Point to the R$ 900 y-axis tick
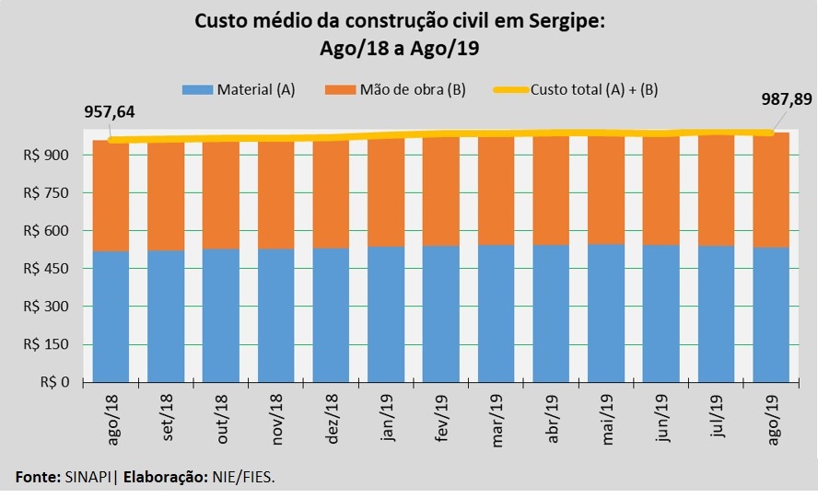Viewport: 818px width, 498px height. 53,156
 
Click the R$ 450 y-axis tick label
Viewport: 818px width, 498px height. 53,269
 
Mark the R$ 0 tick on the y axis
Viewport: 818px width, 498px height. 60,382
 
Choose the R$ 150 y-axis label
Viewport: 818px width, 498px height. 53,344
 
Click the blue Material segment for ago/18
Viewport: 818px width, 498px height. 111,316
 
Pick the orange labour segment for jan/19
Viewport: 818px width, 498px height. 386,192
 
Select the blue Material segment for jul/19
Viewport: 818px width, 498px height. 717,313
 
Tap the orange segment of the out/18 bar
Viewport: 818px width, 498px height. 221,195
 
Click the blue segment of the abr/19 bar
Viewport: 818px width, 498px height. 551,313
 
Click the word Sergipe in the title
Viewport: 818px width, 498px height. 557,20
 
